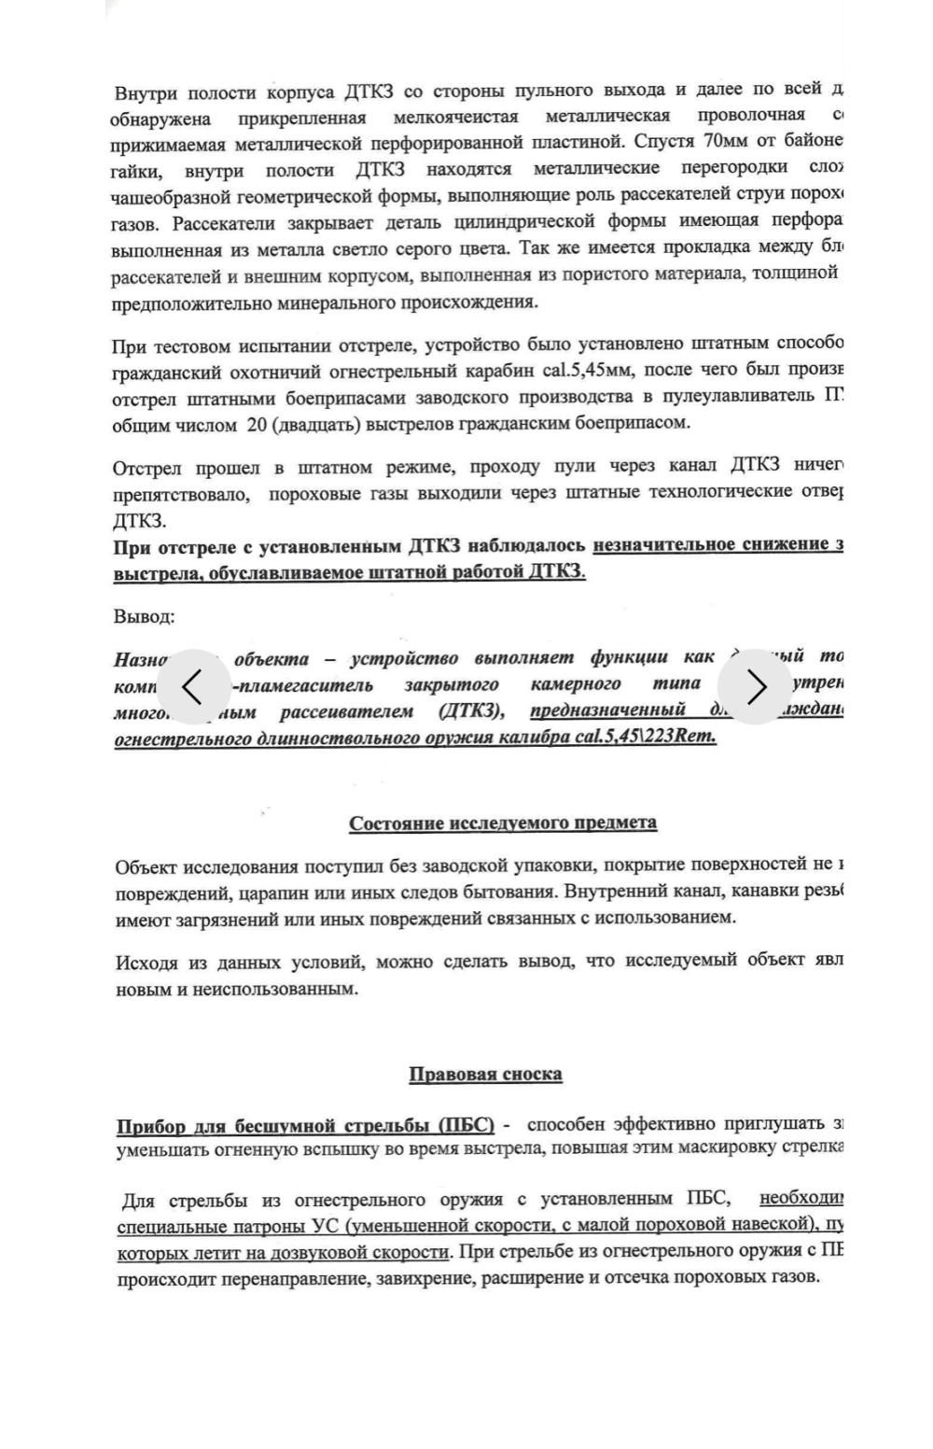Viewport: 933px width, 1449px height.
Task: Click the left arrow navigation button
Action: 193,687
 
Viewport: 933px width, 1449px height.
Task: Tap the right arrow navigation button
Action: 756,687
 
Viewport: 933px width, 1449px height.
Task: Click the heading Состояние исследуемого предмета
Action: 503,823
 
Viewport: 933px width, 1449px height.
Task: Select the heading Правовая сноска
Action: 485,1075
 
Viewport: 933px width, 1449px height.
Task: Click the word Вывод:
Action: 144,617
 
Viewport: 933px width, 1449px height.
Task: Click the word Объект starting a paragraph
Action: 146,868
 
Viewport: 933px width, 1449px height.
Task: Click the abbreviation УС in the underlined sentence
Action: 321,1225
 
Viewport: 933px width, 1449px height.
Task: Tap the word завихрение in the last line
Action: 426,1277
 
